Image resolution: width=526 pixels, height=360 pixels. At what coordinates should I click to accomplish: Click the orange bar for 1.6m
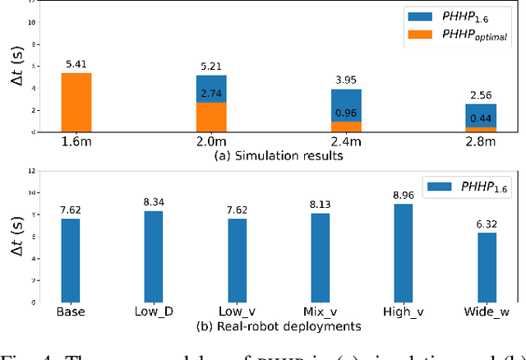(77, 102)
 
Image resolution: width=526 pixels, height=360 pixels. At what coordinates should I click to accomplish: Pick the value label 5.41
(77, 62)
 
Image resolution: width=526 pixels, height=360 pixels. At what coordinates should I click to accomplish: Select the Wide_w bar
(488, 267)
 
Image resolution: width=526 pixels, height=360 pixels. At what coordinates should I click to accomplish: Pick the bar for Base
(71, 260)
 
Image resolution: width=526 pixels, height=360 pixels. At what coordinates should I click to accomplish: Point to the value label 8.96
(404, 196)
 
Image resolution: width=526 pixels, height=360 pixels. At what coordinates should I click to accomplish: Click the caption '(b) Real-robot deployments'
(261, 325)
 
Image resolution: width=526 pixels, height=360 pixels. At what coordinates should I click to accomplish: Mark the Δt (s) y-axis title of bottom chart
(18, 239)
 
